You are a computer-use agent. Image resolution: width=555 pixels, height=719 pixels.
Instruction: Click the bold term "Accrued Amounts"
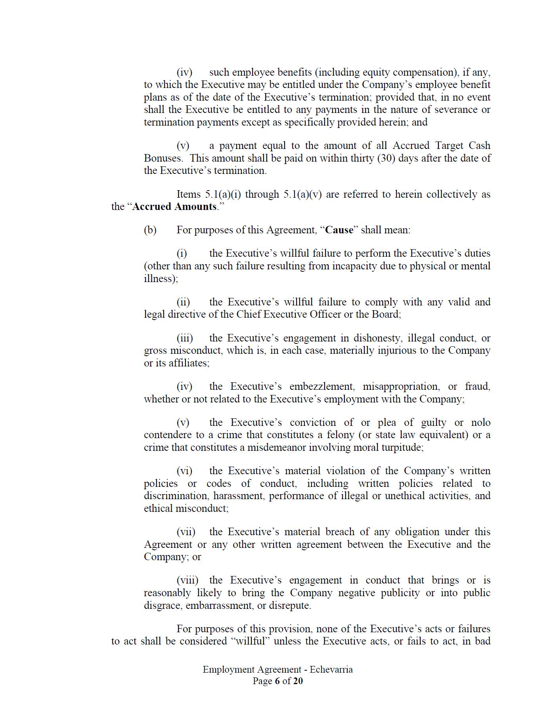[x=174, y=207]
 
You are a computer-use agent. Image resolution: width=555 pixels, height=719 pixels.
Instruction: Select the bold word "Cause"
[x=339, y=230]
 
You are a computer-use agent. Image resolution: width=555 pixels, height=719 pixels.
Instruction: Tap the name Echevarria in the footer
[x=331, y=669]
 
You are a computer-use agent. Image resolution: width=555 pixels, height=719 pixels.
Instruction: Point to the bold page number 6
[x=277, y=681]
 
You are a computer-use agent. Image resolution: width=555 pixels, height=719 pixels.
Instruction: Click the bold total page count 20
[x=298, y=681]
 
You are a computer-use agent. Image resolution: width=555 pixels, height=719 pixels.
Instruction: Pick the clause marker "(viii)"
[x=188, y=580]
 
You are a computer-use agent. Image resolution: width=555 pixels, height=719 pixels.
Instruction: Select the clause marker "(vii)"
[x=186, y=532]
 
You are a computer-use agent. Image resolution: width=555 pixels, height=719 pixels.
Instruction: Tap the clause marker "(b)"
[x=150, y=230]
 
